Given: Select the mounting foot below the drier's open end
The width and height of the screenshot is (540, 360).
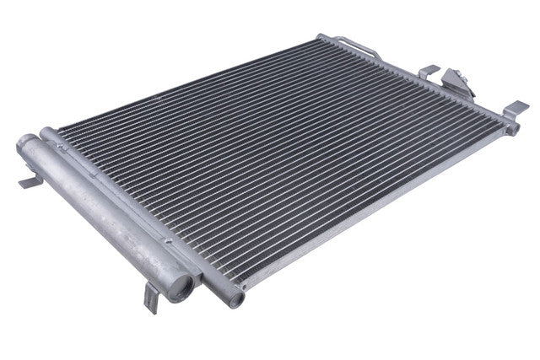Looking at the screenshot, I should click(x=153, y=297).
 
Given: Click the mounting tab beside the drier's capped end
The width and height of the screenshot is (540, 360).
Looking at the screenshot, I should click(x=28, y=182).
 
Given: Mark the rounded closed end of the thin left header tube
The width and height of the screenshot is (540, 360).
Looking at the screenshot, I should click(x=48, y=135).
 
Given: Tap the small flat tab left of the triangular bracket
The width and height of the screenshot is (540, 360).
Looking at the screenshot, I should click(x=429, y=71).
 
